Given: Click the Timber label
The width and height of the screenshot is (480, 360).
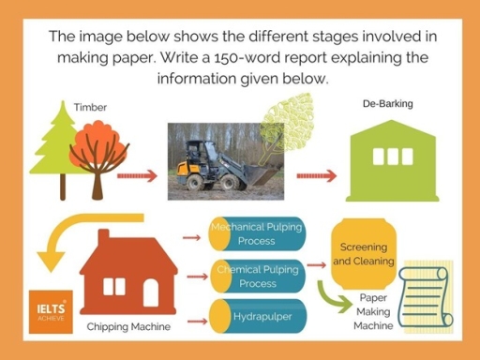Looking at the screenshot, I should point(90,107).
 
